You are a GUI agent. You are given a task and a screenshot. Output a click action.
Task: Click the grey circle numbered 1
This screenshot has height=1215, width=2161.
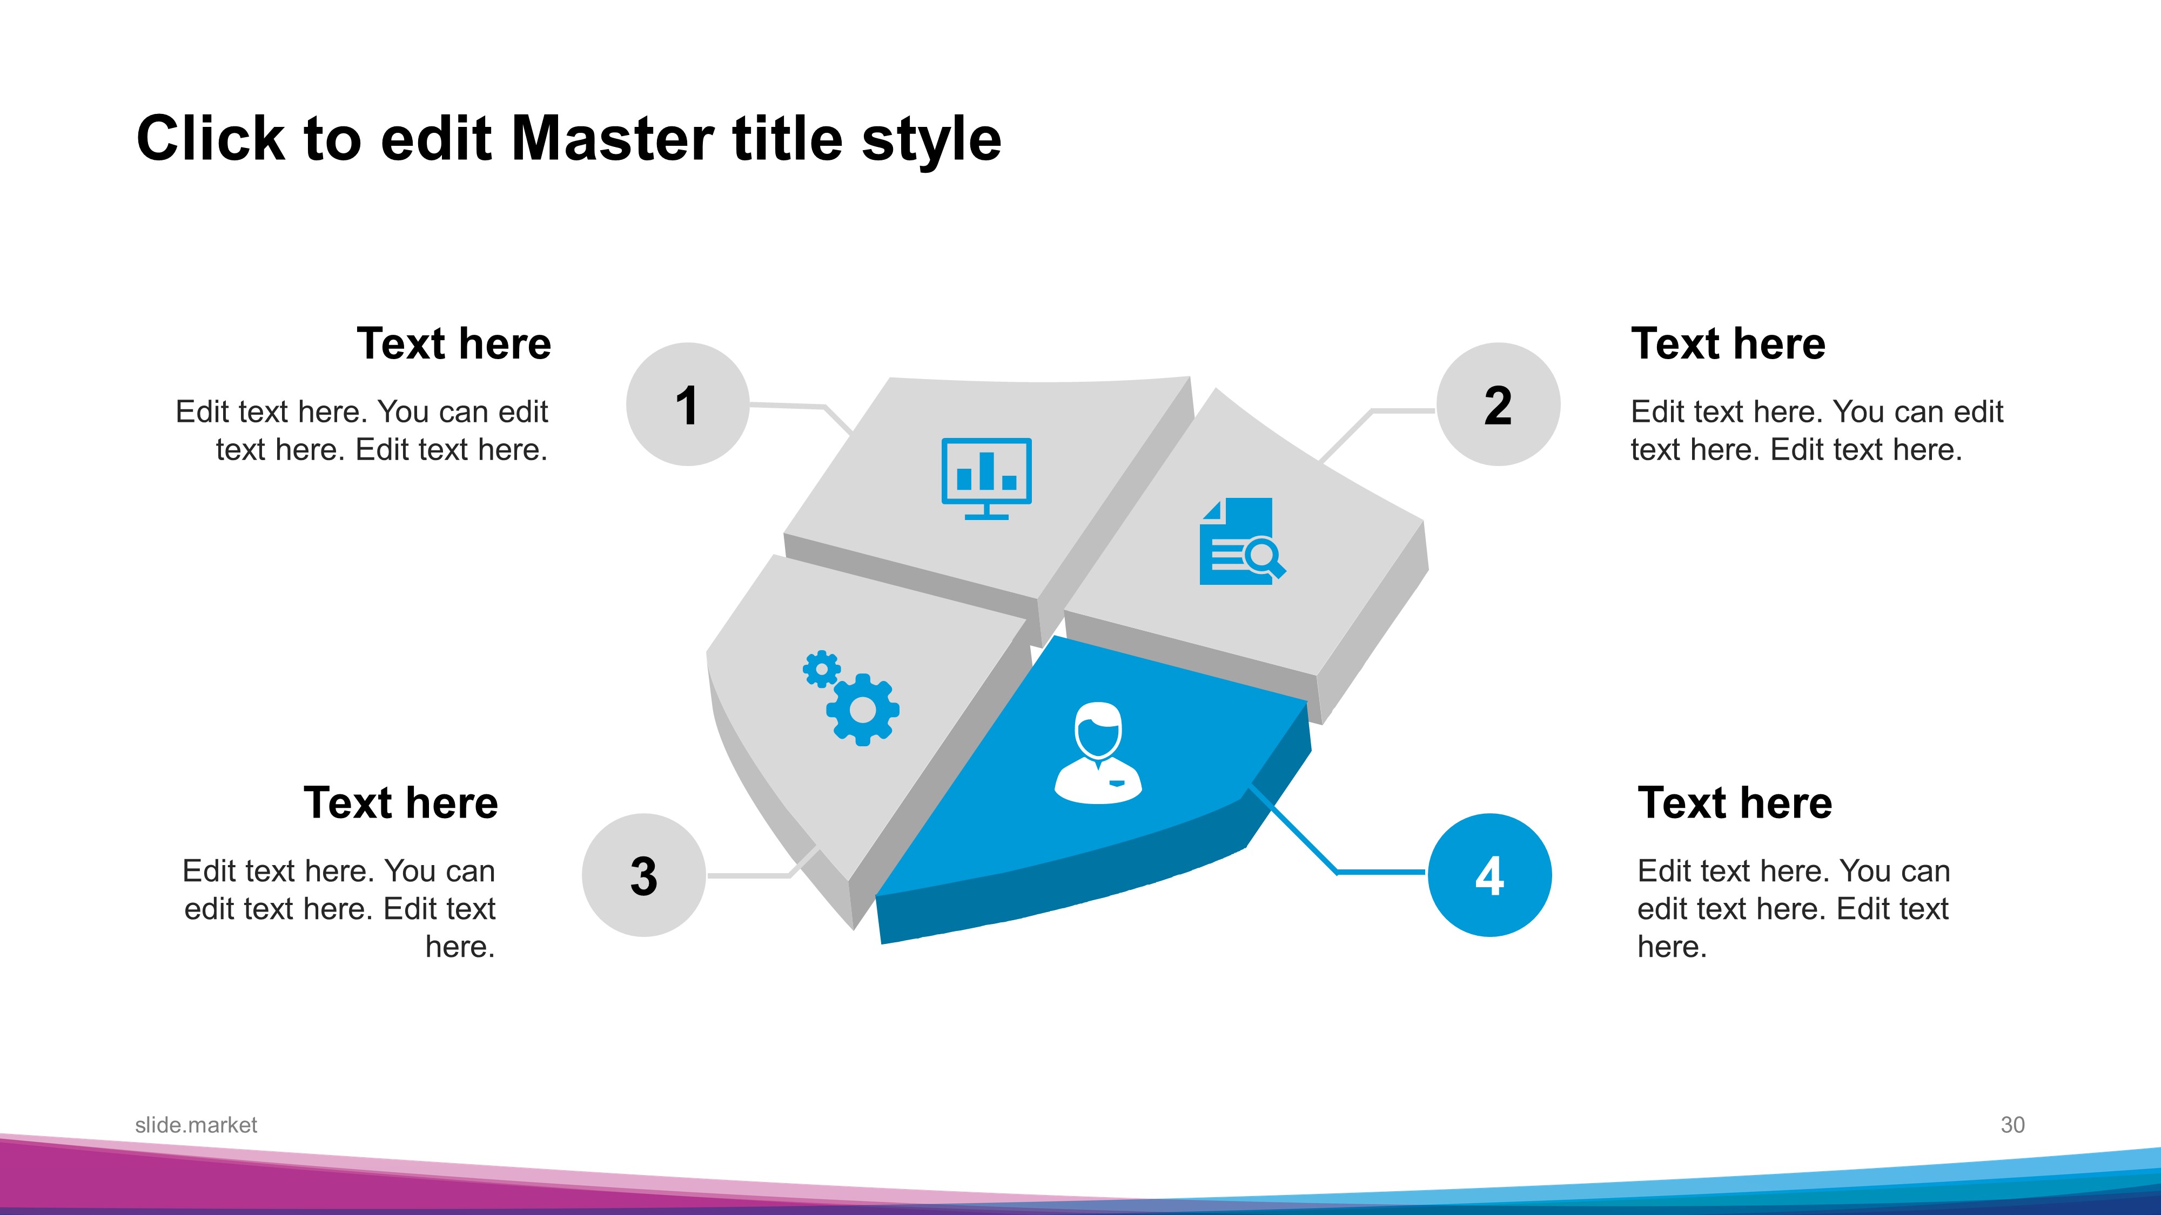688,404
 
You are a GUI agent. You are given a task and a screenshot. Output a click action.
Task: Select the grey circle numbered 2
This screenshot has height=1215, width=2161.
1498,404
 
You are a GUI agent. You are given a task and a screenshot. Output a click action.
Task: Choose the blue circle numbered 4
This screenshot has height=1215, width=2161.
1490,875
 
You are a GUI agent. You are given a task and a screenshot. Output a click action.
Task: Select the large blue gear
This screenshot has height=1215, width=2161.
862,710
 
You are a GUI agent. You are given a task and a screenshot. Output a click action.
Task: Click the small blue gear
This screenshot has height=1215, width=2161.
821,669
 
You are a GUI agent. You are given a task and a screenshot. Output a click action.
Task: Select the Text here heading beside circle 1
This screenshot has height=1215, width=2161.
454,344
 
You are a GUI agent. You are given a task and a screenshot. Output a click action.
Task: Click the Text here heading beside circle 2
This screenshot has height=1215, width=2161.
1728,344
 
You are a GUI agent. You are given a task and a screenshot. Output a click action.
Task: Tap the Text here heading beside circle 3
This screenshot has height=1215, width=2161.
401,804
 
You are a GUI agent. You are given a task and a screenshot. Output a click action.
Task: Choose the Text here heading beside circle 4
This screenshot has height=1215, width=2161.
1735,804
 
